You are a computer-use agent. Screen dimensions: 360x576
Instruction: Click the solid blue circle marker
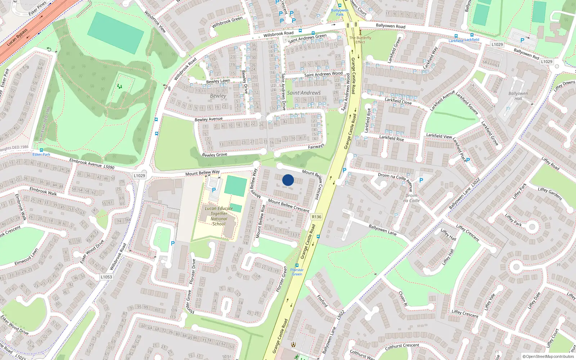(288, 180)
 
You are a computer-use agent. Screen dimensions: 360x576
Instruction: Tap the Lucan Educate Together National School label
(219, 216)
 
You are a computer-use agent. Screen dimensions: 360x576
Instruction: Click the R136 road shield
(316, 217)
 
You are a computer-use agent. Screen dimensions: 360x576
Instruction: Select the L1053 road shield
(106, 277)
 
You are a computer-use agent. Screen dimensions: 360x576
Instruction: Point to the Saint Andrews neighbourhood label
(303, 93)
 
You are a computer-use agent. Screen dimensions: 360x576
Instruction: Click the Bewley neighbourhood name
(218, 96)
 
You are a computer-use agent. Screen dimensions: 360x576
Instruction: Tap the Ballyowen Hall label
(518, 96)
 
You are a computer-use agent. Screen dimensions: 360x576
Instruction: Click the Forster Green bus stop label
(297, 272)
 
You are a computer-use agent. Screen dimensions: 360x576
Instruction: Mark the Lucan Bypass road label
(17, 37)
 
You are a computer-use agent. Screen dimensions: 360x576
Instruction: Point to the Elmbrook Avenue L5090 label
(92, 164)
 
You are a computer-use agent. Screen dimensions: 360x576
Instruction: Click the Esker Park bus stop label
(41, 154)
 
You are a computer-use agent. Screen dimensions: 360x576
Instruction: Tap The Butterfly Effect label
(360, 40)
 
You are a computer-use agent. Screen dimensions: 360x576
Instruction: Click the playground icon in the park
(120, 86)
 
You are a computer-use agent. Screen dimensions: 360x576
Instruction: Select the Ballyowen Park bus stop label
(340, 12)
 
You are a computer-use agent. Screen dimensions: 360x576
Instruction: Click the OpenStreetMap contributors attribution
(548, 356)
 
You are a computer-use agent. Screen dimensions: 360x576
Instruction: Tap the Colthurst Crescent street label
(402, 347)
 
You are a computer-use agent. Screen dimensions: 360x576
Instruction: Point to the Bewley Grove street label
(215, 155)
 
